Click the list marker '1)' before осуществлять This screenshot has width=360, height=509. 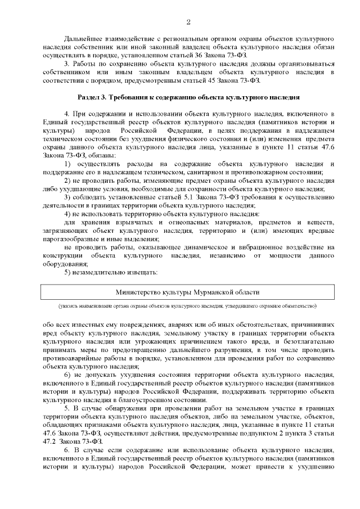click(x=67, y=163)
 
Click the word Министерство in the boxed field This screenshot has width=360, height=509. click(x=138, y=292)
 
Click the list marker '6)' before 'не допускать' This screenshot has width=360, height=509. click(x=67, y=374)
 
